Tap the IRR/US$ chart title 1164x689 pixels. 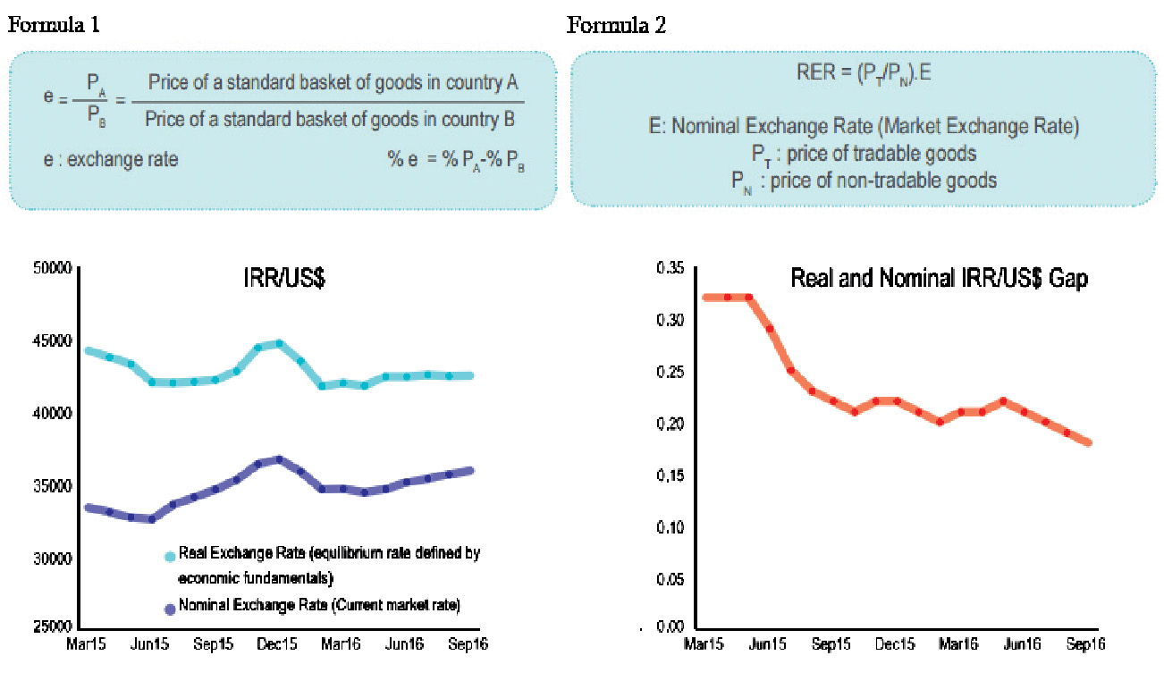click(x=283, y=279)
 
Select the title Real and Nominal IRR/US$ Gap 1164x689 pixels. click(x=939, y=279)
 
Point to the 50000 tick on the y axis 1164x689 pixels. click(x=51, y=268)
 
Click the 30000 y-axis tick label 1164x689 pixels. click(x=51, y=559)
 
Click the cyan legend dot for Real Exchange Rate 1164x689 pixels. click(x=169, y=557)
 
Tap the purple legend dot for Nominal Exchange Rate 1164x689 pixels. click(x=169, y=609)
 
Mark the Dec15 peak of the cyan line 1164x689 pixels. click(x=279, y=343)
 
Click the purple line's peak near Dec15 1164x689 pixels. click(x=279, y=458)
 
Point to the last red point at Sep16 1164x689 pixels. click(x=1089, y=442)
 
